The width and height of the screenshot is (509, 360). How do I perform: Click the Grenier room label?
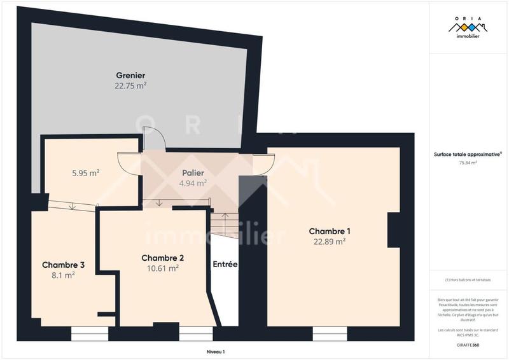click(x=130, y=75)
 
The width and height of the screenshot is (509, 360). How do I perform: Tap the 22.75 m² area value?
click(x=130, y=85)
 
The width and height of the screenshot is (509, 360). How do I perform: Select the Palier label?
click(x=193, y=173)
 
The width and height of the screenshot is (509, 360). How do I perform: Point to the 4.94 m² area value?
click(x=193, y=183)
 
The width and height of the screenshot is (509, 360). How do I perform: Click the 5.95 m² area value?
click(x=85, y=172)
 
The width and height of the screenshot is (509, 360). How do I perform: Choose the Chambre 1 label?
click(x=329, y=231)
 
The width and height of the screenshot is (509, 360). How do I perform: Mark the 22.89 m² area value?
click(x=329, y=242)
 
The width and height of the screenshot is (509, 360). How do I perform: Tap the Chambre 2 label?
click(x=162, y=258)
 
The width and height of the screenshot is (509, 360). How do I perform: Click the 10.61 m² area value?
click(x=162, y=268)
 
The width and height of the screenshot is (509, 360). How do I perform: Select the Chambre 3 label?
click(x=63, y=265)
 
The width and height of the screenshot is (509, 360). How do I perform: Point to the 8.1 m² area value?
click(x=63, y=275)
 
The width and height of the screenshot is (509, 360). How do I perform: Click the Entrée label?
click(x=225, y=264)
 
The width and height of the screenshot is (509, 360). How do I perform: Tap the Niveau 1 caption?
click(x=216, y=351)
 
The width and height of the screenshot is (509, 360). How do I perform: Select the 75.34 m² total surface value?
click(x=468, y=163)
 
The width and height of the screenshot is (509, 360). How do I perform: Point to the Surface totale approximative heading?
click(x=468, y=154)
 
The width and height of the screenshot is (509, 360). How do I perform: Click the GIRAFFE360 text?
click(x=468, y=345)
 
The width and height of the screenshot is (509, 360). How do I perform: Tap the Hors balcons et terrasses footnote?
click(x=468, y=280)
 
